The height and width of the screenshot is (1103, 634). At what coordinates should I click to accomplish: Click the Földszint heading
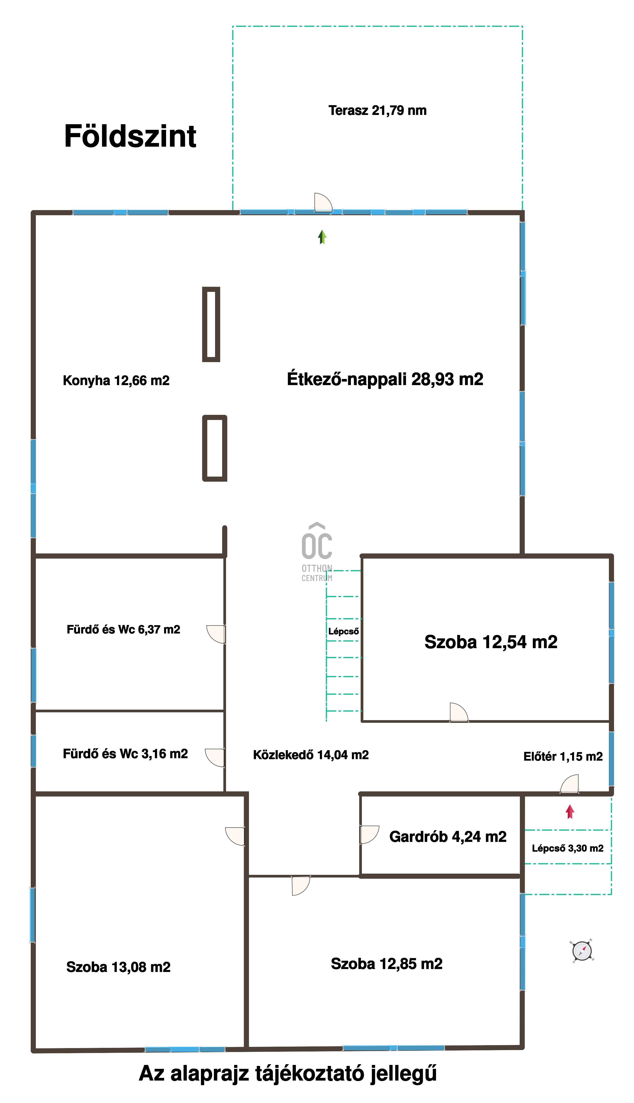(130, 136)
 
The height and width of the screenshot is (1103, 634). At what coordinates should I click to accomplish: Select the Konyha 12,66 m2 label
(116, 380)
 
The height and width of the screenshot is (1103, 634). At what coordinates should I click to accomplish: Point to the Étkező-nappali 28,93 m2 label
(385, 379)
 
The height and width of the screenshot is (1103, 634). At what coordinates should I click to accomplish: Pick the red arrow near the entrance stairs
(570, 812)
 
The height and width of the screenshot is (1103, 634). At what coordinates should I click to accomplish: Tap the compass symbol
(582, 951)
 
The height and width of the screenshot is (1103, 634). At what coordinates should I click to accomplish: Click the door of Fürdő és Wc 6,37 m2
(216, 634)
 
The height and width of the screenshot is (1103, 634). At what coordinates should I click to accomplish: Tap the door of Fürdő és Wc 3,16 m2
(215, 757)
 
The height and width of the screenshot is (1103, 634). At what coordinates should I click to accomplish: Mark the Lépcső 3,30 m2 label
(568, 848)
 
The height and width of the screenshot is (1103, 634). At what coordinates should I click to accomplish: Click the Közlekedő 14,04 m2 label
(311, 755)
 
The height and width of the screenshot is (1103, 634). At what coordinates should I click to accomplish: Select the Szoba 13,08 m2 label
(119, 967)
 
